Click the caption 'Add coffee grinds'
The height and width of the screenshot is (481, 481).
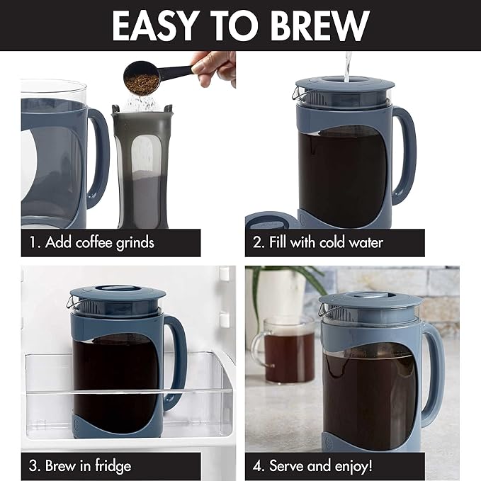point(99,242)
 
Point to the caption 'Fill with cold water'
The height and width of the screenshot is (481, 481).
point(326,242)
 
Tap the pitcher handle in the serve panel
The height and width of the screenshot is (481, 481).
point(431,372)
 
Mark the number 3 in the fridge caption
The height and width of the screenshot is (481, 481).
point(33,465)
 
